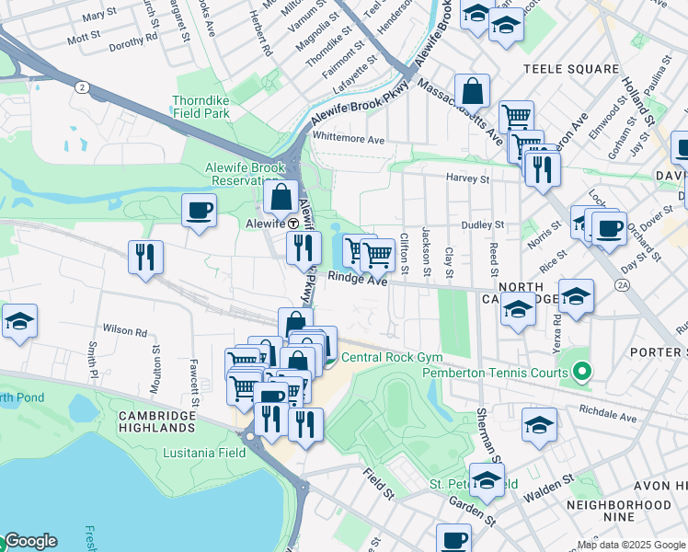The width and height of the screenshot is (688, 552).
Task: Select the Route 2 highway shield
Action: (x=82, y=87)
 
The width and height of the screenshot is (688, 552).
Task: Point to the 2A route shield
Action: (x=623, y=286)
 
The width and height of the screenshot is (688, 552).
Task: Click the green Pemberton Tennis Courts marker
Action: (x=580, y=372)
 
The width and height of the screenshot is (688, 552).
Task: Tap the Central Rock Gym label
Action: (x=392, y=358)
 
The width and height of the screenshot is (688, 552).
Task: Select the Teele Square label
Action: (x=570, y=69)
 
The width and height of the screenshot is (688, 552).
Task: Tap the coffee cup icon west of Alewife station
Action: (x=199, y=212)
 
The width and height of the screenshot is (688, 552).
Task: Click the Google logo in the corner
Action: (x=29, y=541)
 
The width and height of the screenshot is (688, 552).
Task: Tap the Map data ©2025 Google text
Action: (x=630, y=545)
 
